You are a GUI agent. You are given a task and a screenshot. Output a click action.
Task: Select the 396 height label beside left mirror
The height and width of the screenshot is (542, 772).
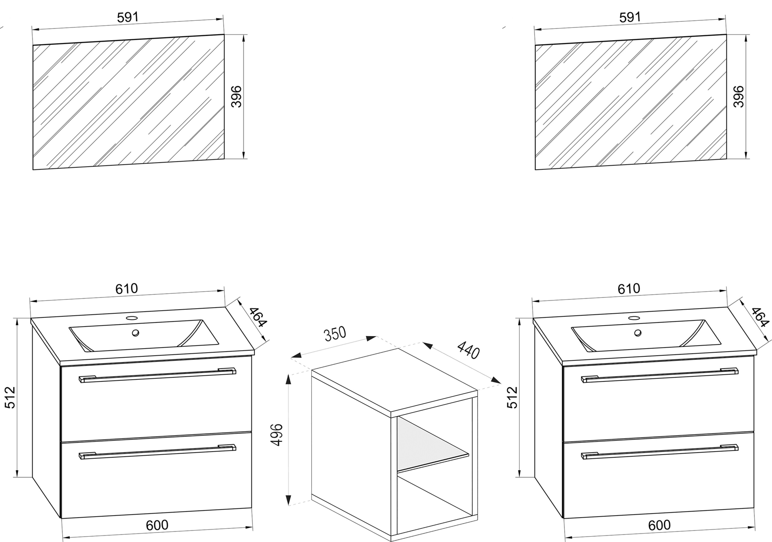click(237, 97)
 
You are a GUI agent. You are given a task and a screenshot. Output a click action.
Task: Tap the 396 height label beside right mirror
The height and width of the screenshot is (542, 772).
click(739, 97)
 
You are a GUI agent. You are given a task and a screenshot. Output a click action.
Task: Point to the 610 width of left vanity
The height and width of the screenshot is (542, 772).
click(127, 289)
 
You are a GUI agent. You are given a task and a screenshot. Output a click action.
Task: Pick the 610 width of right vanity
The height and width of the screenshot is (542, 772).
click(629, 289)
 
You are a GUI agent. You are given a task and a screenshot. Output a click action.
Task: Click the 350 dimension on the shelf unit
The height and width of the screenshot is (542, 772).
click(335, 334)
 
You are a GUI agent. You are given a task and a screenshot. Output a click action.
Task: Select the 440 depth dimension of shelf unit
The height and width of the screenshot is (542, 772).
click(468, 350)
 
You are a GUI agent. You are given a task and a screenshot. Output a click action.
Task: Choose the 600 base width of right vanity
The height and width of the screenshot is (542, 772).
click(659, 525)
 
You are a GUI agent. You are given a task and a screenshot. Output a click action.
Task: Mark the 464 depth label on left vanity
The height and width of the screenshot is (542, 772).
click(258, 317)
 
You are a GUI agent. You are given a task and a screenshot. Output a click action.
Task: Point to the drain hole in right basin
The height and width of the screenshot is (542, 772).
click(637, 333)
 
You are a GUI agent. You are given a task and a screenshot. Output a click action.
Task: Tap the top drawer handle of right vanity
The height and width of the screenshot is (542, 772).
click(660, 375)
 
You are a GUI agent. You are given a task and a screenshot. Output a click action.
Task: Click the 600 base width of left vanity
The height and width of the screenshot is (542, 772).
click(157, 525)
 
